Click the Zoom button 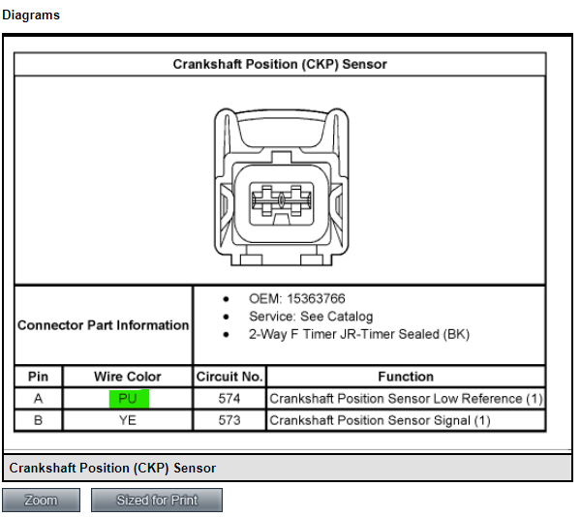(41, 500)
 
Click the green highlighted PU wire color (129, 399)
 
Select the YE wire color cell (128, 420)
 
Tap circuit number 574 (229, 399)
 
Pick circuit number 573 (229, 420)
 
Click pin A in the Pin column (38, 399)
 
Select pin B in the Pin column (38, 420)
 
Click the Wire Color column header (128, 377)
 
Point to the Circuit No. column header (229, 377)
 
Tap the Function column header (406, 377)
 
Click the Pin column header (38, 377)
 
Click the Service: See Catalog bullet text (311, 317)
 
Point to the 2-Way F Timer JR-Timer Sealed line (359, 334)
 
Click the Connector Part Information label (104, 325)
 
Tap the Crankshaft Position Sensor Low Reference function (406, 399)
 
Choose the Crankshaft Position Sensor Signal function (380, 420)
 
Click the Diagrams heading (31, 15)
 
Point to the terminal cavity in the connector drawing (282, 203)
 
